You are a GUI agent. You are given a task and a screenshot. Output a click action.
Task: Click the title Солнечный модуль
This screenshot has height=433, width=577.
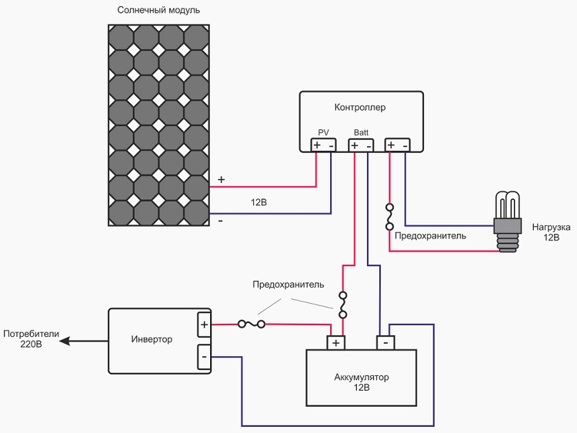click(158, 11)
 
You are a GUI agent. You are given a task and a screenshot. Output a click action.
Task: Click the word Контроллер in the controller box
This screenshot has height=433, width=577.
click(360, 107)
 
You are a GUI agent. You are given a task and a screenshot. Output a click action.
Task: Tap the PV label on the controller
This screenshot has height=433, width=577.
click(323, 133)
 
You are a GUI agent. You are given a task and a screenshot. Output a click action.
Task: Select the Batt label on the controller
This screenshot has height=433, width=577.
click(361, 133)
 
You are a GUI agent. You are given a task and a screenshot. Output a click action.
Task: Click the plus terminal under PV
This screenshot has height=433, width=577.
click(317, 145)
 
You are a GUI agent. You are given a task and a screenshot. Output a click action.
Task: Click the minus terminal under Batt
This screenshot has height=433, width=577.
click(369, 145)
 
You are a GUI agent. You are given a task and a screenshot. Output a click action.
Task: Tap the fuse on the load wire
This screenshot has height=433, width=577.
click(390, 216)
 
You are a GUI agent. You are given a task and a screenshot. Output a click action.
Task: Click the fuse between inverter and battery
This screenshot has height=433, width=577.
click(251, 324)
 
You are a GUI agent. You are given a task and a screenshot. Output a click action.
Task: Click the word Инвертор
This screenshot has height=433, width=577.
click(152, 339)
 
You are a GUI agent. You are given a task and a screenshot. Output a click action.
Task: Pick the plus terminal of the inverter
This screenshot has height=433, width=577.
click(204, 325)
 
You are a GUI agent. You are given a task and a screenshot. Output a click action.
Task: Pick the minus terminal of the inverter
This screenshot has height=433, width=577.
click(204, 356)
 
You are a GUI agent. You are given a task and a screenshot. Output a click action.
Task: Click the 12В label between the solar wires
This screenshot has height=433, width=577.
click(258, 203)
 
